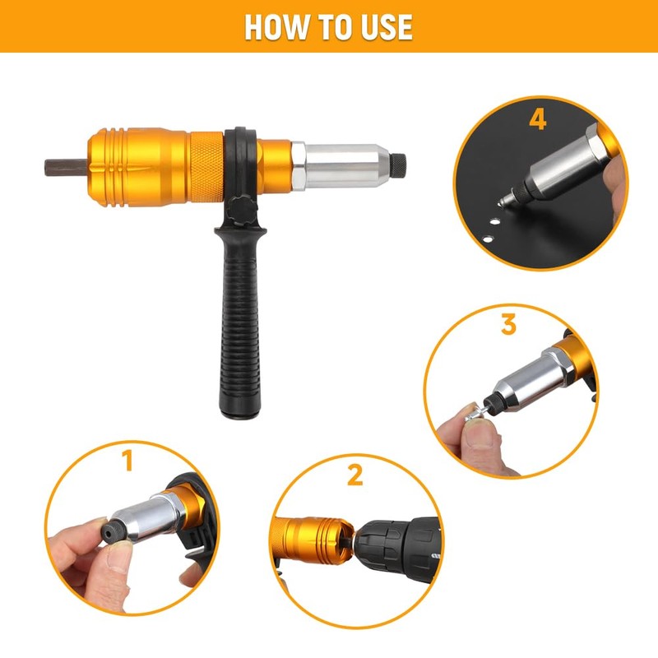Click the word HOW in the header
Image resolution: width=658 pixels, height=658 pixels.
pyautogui.click(x=275, y=26)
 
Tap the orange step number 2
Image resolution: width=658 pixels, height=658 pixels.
pyautogui.click(x=355, y=475)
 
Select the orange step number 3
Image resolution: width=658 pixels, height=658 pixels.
pyautogui.click(x=509, y=324)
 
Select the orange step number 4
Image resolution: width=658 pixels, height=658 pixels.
pyautogui.click(x=537, y=119)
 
